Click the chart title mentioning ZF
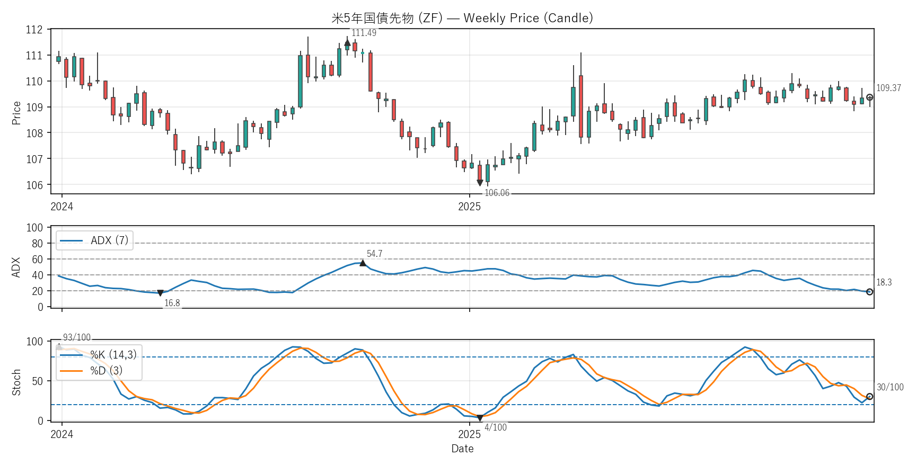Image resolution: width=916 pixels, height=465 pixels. (x=462, y=18)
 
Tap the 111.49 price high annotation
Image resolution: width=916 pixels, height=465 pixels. (x=364, y=33)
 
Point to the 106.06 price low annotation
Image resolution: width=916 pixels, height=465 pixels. (x=497, y=193)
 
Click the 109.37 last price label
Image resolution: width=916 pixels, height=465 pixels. (x=888, y=88)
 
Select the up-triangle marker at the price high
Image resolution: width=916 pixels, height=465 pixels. (x=347, y=43)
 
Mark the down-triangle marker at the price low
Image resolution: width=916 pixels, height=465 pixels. (x=480, y=183)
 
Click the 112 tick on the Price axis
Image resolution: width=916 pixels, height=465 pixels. (x=34, y=30)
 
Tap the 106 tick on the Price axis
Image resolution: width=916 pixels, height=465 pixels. (x=34, y=185)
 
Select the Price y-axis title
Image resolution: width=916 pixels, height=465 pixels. (x=16, y=113)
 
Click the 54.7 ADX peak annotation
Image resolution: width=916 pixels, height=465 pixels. (x=374, y=254)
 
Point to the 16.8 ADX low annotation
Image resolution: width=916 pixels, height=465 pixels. (x=172, y=303)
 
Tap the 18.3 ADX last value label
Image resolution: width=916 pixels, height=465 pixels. (x=884, y=282)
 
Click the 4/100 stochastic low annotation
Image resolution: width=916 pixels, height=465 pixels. (x=496, y=427)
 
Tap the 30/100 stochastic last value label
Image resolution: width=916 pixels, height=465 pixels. (x=890, y=387)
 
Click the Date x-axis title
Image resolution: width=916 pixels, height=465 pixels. (x=462, y=449)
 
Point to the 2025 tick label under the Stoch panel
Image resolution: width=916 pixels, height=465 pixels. (x=469, y=434)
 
